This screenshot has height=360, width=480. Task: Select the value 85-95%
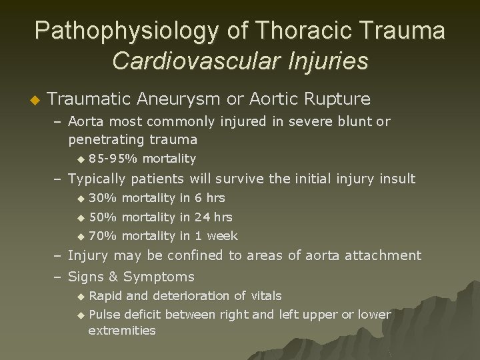[113, 159]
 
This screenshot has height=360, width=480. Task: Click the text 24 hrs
[213, 217]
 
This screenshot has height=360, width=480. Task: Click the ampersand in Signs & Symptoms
[112, 277]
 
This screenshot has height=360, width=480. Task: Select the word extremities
[122, 331]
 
